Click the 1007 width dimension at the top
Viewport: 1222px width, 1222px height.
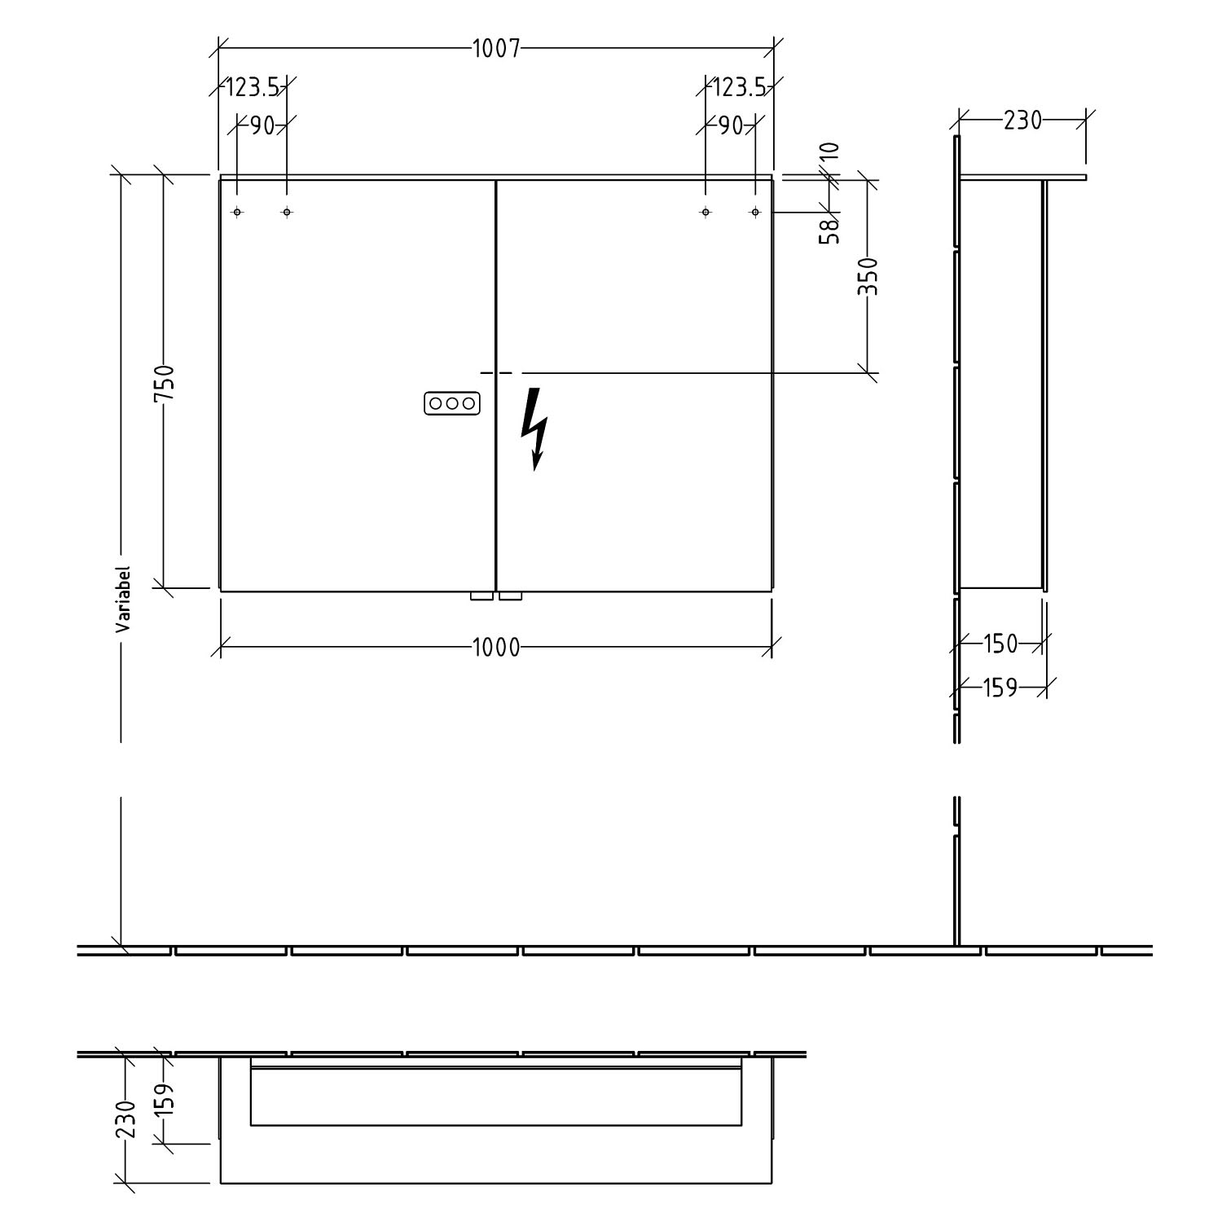(495, 49)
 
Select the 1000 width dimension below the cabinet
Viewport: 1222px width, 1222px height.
(495, 648)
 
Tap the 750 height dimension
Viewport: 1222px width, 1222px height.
(164, 382)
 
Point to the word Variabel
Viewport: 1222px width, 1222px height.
(123, 600)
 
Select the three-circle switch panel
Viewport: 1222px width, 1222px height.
(451, 403)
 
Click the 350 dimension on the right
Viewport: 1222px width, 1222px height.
(868, 276)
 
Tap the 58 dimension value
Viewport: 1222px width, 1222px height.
(830, 231)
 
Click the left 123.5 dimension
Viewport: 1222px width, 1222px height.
(253, 86)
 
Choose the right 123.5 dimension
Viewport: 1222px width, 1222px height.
(739, 86)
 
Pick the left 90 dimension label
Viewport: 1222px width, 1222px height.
(262, 125)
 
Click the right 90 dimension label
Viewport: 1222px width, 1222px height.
(731, 125)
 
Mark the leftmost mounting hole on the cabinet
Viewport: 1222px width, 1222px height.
(237, 212)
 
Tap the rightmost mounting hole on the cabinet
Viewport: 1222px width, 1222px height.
(755, 212)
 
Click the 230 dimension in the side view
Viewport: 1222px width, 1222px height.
(1022, 121)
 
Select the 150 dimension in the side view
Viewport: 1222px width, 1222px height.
(1000, 644)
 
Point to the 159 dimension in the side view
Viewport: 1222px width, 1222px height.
(1000, 688)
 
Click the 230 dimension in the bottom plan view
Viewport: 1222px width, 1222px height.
(125, 1119)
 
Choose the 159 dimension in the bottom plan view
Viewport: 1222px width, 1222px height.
(166, 1099)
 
